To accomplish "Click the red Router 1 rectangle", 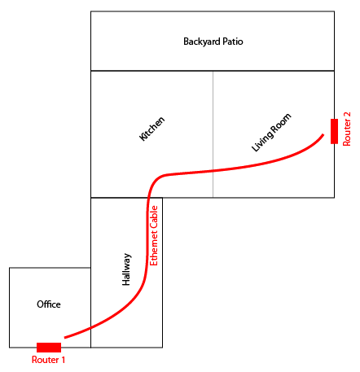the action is click(x=49, y=348).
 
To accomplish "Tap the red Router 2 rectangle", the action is click(x=334, y=131).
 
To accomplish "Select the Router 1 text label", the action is click(x=48, y=360).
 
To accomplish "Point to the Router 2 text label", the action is click(x=347, y=129).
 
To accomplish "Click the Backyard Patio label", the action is click(x=213, y=42).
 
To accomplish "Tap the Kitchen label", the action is click(x=151, y=129).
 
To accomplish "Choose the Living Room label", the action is click(x=271, y=133).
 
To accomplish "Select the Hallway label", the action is click(x=126, y=269).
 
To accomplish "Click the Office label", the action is click(x=49, y=304).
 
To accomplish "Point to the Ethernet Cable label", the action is click(x=154, y=235).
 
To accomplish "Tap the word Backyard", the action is click(x=202, y=42).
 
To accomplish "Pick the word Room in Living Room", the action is click(x=280, y=124).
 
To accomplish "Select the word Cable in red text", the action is click(x=154, y=217).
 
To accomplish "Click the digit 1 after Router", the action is click(x=63, y=360).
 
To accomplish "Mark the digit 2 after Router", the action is click(x=347, y=115).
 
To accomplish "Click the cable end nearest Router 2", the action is click(x=323, y=134).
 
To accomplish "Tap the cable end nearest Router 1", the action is click(x=64, y=338).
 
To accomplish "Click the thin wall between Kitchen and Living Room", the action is click(x=213, y=134).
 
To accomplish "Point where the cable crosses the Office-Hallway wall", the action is click(x=90, y=328).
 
